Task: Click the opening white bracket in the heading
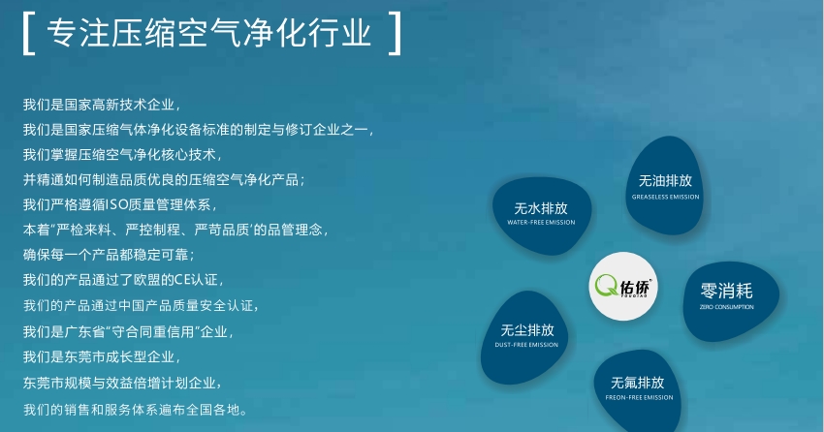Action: [x=24, y=33]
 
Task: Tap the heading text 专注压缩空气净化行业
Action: [x=208, y=33]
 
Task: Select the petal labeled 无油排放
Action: [x=664, y=185]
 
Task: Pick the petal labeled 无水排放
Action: [x=541, y=215]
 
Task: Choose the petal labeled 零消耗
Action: [x=731, y=300]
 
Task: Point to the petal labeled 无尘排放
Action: [x=524, y=337]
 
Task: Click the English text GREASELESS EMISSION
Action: [x=665, y=197]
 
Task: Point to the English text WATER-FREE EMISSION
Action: [x=541, y=222]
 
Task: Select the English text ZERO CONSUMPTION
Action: [x=727, y=306]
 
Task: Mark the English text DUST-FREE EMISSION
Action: [x=526, y=345]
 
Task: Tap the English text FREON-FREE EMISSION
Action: [x=639, y=397]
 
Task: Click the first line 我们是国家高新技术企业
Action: [x=102, y=105]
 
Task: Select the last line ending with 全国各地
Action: [x=135, y=410]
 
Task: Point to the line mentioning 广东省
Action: [x=128, y=331]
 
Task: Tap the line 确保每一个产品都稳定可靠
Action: [x=109, y=255]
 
